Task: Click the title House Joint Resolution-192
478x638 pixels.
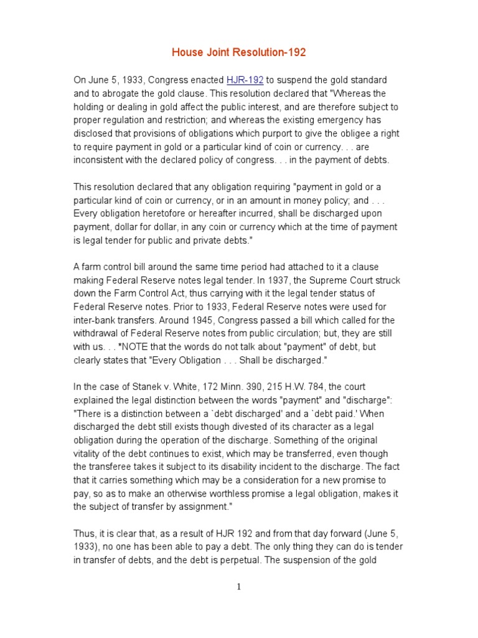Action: pos(239,53)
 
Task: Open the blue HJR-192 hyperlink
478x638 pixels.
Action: pos(245,80)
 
